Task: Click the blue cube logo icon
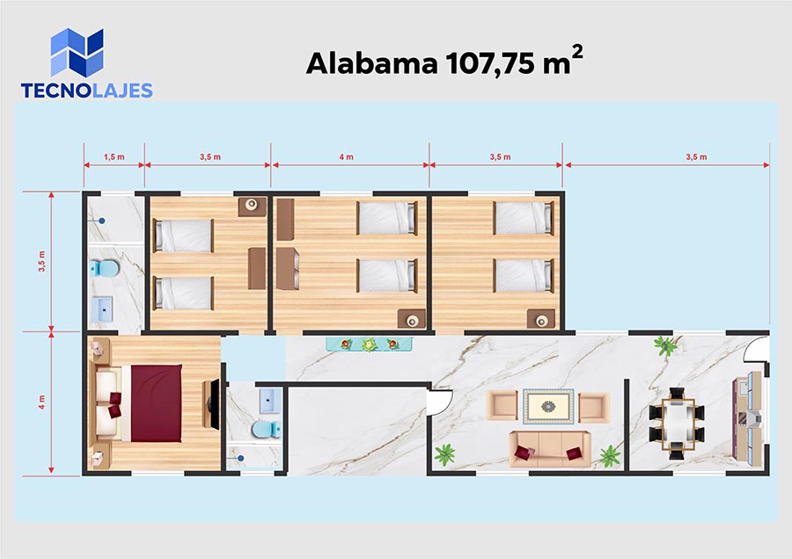coord(77,53)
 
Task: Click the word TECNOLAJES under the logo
coord(87,91)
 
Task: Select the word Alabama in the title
coord(371,63)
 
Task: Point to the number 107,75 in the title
coord(489,64)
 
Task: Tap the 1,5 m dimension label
coord(114,157)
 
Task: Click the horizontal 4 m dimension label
coord(347,157)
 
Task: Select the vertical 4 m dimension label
coord(41,403)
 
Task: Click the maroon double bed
coord(156,403)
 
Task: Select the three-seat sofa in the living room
coord(549,448)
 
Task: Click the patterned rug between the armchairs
coord(548,406)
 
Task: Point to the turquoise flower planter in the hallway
coord(370,345)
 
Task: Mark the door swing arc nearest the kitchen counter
coord(754,349)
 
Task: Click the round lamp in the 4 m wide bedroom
coord(412,320)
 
